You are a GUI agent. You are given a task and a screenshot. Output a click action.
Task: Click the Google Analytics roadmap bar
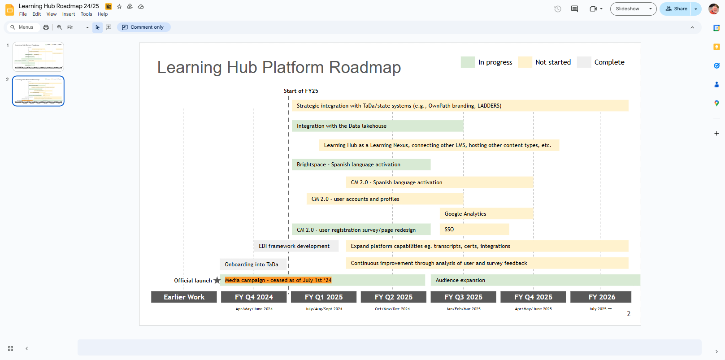(x=486, y=214)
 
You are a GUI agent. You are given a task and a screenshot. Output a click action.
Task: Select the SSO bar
(x=474, y=230)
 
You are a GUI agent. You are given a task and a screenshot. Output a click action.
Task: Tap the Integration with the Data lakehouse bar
(x=377, y=126)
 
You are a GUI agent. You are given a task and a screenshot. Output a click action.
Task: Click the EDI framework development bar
(x=296, y=246)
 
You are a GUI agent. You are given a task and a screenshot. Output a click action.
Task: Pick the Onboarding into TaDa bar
(x=252, y=265)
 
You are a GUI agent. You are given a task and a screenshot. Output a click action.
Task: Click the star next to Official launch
(x=217, y=280)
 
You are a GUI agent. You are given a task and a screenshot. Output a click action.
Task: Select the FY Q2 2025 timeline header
(x=394, y=297)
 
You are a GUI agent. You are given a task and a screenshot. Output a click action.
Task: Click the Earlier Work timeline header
(x=184, y=297)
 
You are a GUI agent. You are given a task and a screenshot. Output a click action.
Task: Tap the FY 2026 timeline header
(x=601, y=297)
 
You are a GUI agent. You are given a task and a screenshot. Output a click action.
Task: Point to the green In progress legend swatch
(x=468, y=62)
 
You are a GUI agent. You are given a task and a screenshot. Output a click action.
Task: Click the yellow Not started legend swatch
(x=525, y=62)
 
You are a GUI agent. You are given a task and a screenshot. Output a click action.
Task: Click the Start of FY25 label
(x=301, y=91)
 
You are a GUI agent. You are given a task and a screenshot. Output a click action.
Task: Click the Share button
(x=676, y=9)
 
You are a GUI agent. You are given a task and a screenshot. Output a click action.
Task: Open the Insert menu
(x=69, y=14)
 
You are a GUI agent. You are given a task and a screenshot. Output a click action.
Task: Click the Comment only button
(x=143, y=27)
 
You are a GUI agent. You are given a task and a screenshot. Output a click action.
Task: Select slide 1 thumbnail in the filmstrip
(x=38, y=57)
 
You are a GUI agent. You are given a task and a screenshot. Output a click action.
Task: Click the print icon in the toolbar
(x=46, y=27)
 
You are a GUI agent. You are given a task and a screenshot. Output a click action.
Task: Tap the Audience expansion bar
(x=535, y=280)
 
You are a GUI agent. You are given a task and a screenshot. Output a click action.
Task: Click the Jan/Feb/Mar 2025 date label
(x=463, y=309)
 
